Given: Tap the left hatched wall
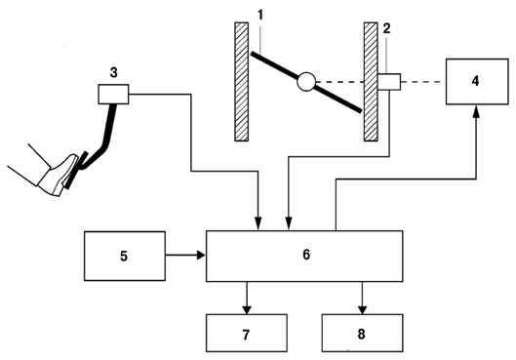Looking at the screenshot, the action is tap(242, 82).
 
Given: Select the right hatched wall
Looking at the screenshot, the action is tap(371, 82).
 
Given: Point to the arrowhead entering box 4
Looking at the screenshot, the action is tap(476, 111).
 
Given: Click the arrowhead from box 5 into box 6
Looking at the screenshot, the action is tap(201, 255).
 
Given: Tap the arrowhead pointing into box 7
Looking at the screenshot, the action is tap(247, 309).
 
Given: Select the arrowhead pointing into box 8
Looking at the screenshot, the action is tap(362, 309).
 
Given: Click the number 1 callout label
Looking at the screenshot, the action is tap(260, 15).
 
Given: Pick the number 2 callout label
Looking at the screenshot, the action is tap(386, 28).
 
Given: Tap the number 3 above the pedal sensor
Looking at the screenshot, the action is tap(113, 72).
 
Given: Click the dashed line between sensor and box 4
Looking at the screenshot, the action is tap(420, 82).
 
